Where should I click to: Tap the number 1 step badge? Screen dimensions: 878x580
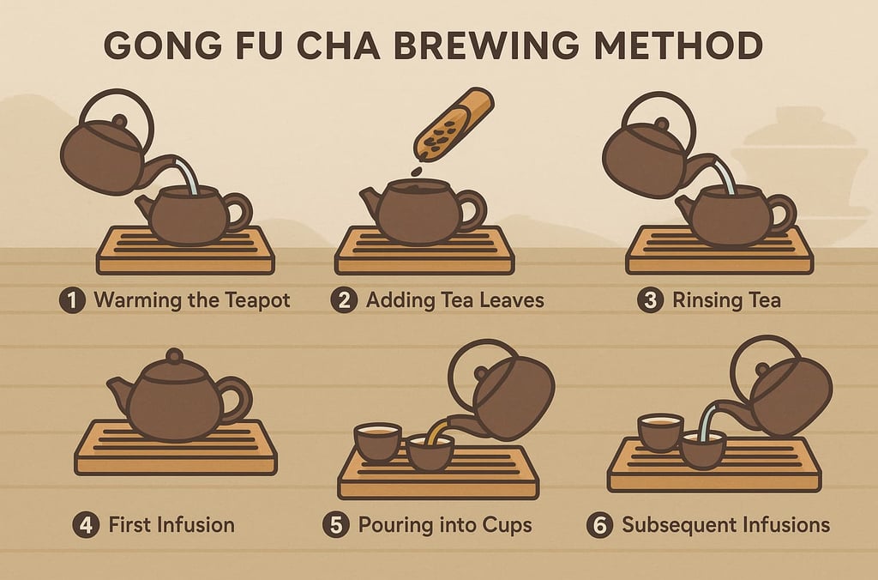(72, 300)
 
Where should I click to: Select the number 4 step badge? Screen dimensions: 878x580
(87, 525)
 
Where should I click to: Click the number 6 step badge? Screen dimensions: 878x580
(599, 525)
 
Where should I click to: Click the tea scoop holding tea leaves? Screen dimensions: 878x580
(454, 124)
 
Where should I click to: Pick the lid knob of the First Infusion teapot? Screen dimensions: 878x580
(174, 356)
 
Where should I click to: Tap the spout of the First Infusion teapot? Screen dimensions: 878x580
(118, 390)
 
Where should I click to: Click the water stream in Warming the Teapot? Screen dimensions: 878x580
(188, 175)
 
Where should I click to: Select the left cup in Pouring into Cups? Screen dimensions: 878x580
(378, 442)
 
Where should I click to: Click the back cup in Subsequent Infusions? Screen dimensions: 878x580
(660, 432)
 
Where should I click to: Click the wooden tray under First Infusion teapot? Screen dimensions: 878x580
(176, 449)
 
